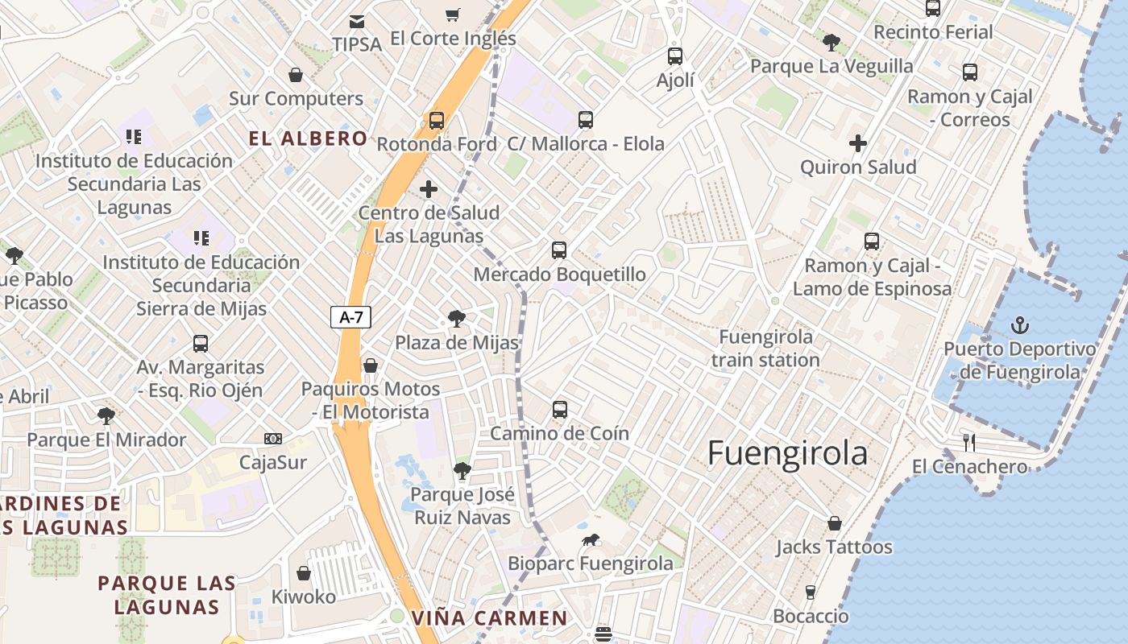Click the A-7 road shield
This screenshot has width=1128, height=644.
tap(351, 317)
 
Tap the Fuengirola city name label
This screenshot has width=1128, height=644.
tap(787, 453)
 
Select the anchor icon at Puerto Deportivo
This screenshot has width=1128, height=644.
tap(1020, 325)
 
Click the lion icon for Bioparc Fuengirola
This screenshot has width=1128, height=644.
tap(591, 540)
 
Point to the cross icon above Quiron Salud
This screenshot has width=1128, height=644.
tap(858, 143)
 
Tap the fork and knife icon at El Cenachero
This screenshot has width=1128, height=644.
tap(969, 442)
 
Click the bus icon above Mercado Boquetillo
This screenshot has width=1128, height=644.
tap(559, 250)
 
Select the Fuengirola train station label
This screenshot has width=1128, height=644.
tap(765, 348)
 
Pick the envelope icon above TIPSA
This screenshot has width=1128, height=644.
tap(356, 21)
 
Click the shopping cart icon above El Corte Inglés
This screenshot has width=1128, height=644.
tap(452, 14)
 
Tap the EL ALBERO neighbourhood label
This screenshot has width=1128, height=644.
tap(308, 138)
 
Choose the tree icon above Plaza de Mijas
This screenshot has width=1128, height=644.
tap(457, 319)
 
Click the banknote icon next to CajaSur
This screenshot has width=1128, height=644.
tap(273, 439)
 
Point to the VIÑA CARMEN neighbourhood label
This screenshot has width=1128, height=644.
tap(489, 618)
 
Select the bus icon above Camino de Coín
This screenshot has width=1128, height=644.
tap(560, 410)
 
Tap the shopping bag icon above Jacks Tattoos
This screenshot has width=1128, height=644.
tap(835, 523)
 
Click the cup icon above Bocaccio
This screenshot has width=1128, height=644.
tap(811, 592)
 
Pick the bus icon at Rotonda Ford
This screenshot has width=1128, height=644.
tap(436, 121)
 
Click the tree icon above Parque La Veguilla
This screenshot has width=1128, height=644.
tap(831, 42)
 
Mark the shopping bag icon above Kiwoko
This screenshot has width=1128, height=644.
tap(304, 573)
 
